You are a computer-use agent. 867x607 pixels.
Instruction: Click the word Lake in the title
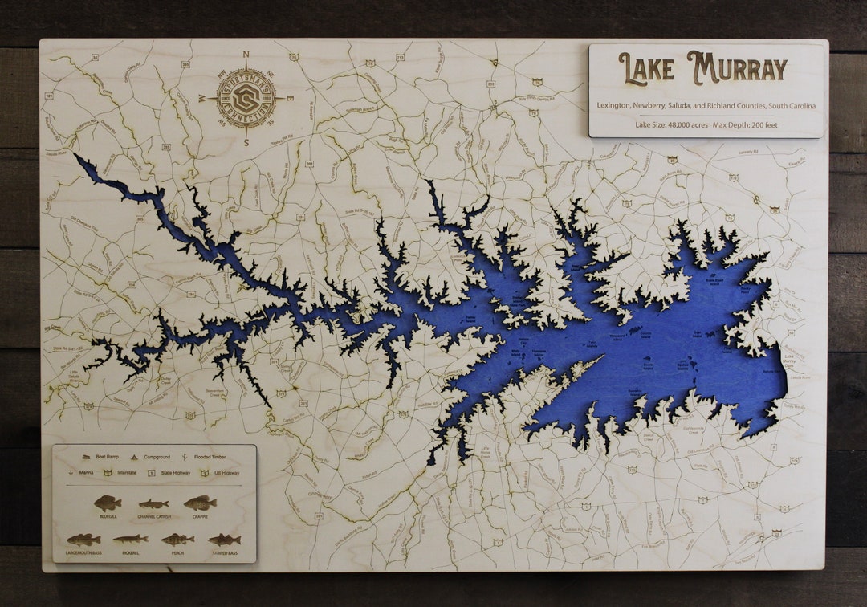pos(646,69)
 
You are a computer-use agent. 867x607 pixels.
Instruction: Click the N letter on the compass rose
pos(246,55)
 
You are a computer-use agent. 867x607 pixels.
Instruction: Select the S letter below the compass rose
pos(246,142)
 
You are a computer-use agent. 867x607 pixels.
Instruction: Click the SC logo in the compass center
pos(246,98)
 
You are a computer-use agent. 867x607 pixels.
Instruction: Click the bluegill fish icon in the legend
pos(107,503)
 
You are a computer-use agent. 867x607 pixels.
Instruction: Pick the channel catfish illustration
pos(153,505)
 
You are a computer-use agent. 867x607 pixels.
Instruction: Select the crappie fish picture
pos(200,503)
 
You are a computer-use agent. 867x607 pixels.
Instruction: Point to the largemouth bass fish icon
pos(83,540)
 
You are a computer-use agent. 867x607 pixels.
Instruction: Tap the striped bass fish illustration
pos(225,540)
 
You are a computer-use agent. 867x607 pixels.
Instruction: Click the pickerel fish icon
pos(130,539)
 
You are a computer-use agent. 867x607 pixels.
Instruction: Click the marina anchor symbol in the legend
pos(71,473)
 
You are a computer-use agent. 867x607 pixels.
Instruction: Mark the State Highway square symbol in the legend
pos(150,473)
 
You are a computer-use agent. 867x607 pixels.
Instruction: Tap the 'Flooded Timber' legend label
pos(213,456)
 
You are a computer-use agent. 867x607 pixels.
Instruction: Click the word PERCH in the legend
pos(177,552)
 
